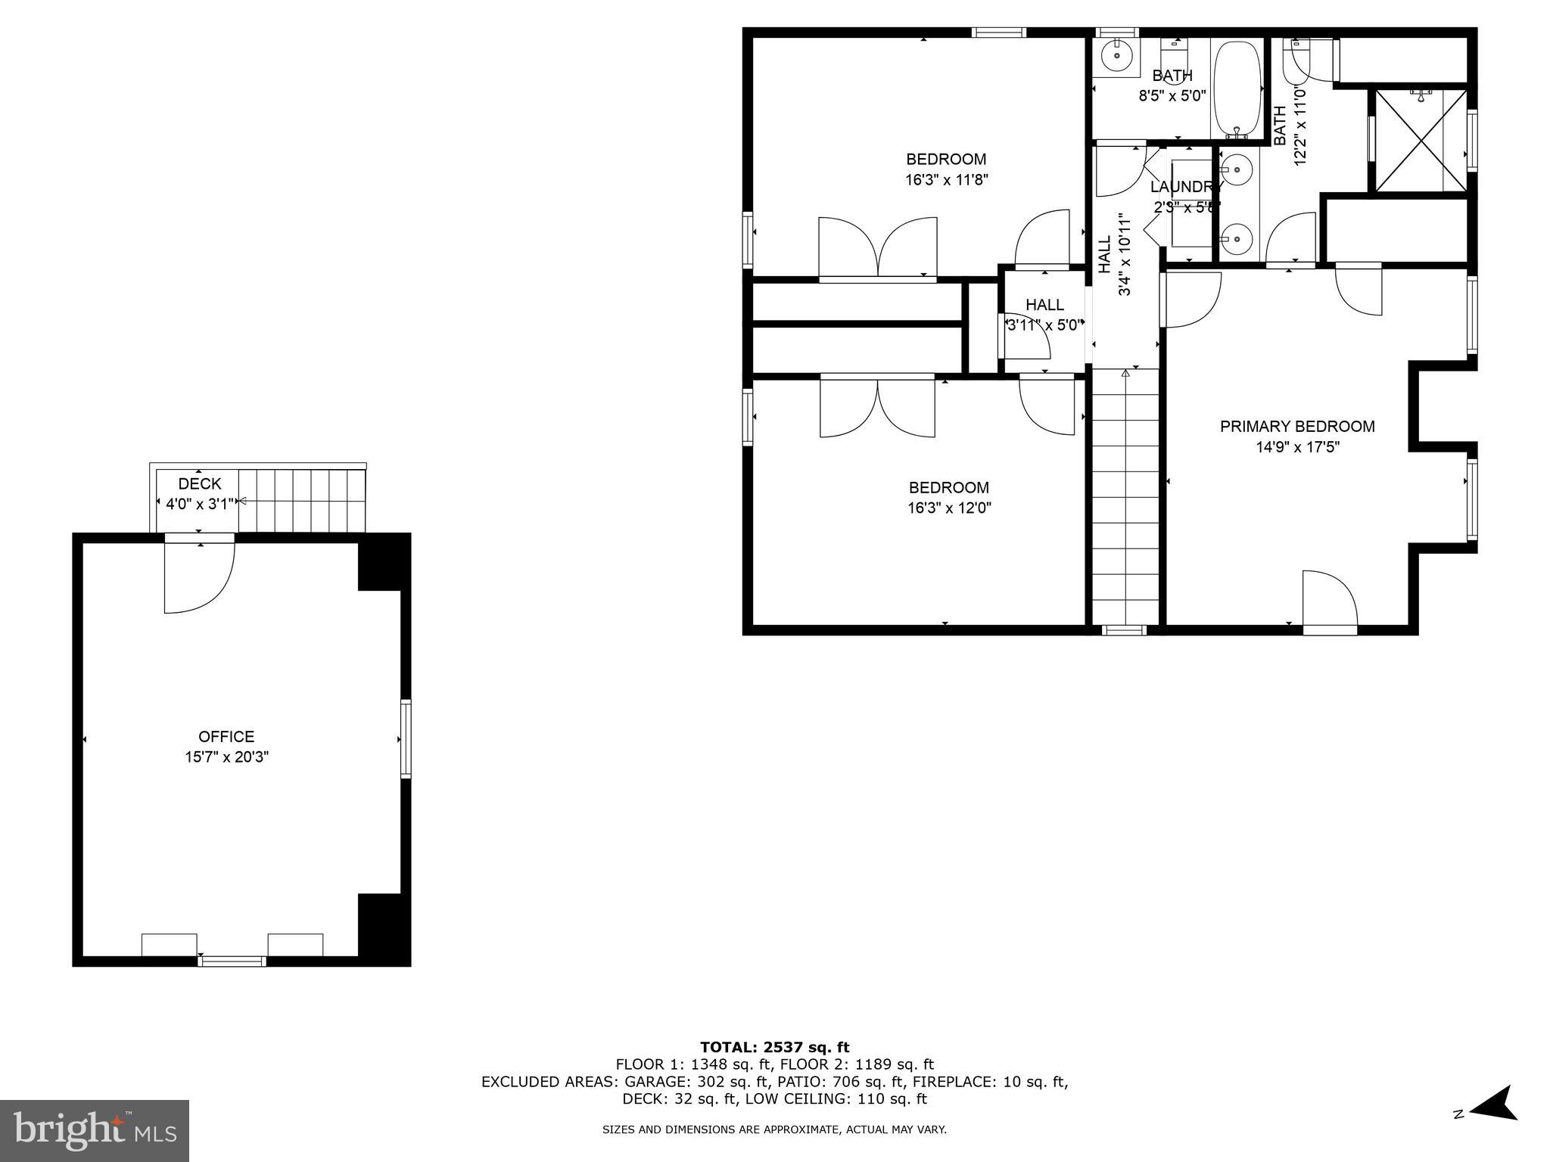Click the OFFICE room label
point(226,736)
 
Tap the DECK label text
point(200,483)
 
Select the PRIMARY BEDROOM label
point(1297,427)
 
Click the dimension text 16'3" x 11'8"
point(947,180)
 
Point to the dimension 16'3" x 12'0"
point(949,508)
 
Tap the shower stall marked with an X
point(1421,140)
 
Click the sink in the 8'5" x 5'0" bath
point(1116,55)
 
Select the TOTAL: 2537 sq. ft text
point(774,1047)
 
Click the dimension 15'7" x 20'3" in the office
point(227,757)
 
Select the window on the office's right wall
point(406,738)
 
